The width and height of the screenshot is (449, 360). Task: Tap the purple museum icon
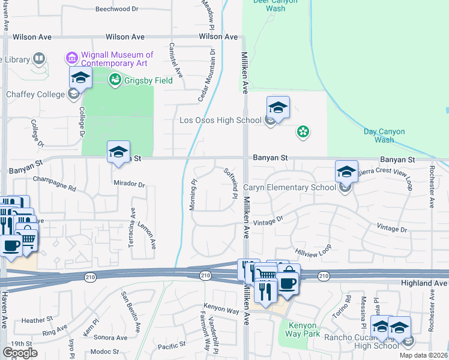[71, 59]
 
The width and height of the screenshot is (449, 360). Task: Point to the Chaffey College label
[35, 94]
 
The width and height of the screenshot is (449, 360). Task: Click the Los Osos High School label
[220, 120]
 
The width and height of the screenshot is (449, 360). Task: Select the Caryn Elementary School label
[289, 187]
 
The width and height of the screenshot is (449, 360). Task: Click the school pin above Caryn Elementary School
[346, 172]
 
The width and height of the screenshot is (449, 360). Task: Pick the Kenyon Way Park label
[302, 330]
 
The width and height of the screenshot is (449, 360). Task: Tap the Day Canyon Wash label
[384, 136]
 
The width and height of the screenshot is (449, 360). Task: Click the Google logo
[20, 353]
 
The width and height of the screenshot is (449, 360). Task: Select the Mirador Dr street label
[129, 185]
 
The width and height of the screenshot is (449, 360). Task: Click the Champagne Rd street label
[55, 183]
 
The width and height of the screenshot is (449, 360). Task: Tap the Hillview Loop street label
[313, 251]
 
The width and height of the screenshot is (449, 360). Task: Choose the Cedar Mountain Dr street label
[206, 75]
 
